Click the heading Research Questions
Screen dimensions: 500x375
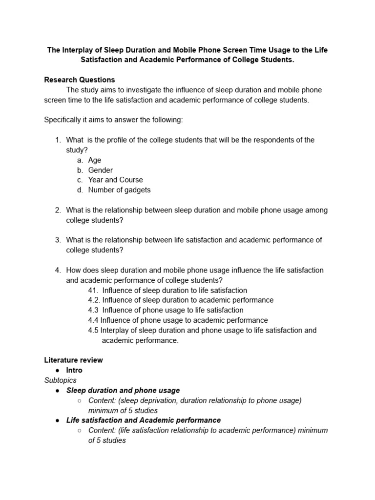[79, 80]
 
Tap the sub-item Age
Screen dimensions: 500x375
[95, 160]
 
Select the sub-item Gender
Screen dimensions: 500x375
[100, 170]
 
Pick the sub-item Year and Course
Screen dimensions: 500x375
[115, 180]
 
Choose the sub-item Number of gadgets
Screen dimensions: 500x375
[119, 190]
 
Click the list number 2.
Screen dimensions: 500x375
[58, 210]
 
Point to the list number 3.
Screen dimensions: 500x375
[58, 240]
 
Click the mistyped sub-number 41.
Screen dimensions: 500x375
[93, 290]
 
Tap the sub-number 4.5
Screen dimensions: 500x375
[93, 330]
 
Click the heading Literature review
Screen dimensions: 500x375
[73, 360]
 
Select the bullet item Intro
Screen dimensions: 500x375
[74, 370]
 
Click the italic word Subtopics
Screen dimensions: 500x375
[60, 380]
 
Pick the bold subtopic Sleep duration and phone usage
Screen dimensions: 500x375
[123, 390]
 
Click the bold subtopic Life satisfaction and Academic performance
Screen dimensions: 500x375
[144, 420]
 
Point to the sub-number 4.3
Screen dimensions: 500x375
[93, 310]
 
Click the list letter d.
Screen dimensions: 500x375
[79, 190]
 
